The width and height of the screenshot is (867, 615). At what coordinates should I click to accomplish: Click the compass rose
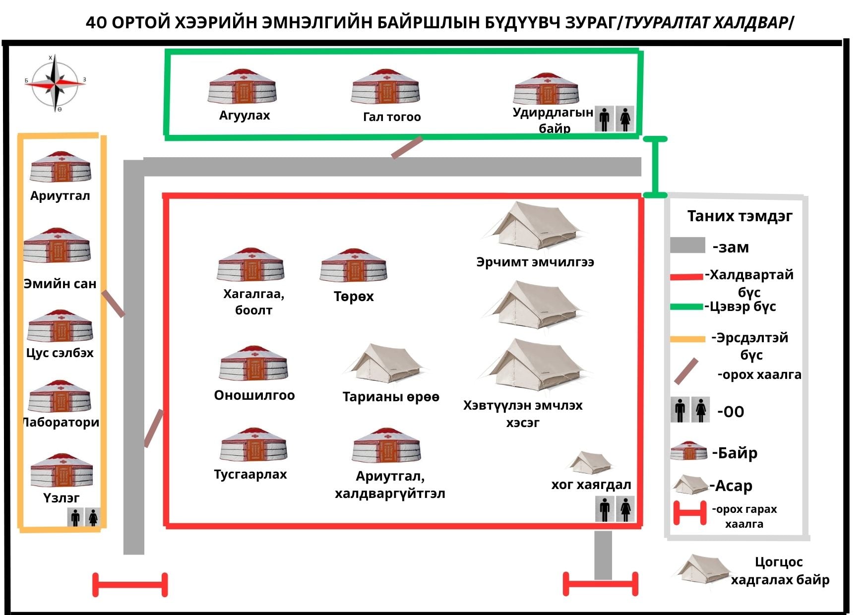click(55, 82)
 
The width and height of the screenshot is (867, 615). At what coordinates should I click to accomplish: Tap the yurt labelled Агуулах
click(243, 86)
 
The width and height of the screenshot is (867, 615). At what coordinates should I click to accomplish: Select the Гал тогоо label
click(391, 117)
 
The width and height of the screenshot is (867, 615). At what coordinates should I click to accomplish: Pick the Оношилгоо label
click(254, 395)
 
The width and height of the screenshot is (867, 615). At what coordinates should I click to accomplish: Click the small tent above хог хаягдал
click(590, 463)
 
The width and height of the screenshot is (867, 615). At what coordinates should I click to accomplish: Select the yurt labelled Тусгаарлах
click(253, 444)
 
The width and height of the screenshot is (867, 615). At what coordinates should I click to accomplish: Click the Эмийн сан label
click(60, 284)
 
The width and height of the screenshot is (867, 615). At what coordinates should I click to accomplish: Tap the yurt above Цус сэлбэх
click(61, 326)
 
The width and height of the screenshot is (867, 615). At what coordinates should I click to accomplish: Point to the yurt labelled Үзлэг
click(62, 470)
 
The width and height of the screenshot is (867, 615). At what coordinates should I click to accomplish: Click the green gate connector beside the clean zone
click(655, 167)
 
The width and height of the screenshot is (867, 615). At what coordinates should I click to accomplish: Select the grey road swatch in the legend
click(687, 246)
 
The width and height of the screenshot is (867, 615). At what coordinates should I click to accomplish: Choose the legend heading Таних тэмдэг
click(740, 216)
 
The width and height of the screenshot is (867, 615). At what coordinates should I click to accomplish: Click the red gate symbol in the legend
click(689, 513)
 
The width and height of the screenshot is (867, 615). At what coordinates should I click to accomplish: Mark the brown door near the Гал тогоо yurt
click(407, 148)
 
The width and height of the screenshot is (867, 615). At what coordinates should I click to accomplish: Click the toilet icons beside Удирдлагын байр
click(614, 119)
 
